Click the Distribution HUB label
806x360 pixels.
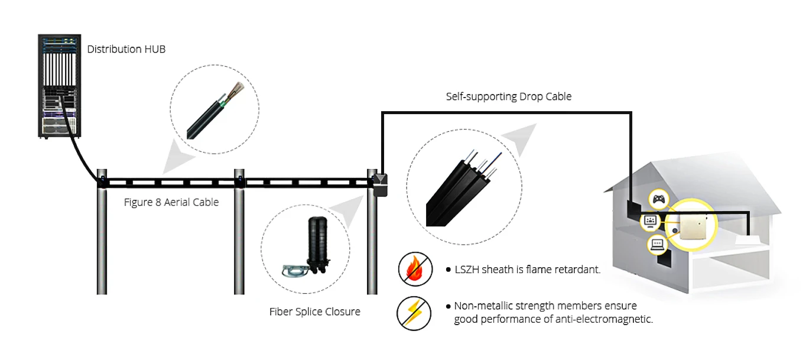126,49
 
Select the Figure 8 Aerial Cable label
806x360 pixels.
171,202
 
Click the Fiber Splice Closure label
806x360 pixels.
314,312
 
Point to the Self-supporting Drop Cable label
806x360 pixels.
508,96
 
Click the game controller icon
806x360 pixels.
658,200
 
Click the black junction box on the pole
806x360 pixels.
379,185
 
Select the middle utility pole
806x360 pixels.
239,236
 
